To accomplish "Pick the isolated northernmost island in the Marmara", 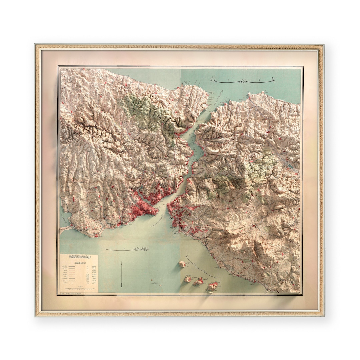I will (x=182, y=264).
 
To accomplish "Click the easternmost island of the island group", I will (x=212, y=286).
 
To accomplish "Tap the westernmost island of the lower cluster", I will (x=188, y=279).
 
